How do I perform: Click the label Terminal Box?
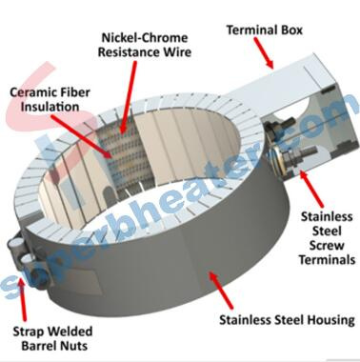(264, 30)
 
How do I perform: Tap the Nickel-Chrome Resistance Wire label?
(145, 45)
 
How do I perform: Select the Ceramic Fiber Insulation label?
(50, 99)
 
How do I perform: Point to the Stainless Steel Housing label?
(287, 319)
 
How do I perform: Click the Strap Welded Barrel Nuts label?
(52, 338)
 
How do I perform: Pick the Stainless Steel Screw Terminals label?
(327, 238)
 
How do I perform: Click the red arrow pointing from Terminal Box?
(263, 52)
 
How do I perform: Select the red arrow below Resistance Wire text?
(129, 97)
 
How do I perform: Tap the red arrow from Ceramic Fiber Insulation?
(82, 137)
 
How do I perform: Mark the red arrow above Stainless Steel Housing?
(221, 290)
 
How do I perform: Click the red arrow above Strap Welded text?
(23, 300)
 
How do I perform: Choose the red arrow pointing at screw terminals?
(311, 189)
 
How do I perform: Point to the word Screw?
(327, 246)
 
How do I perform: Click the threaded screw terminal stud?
(297, 154)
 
